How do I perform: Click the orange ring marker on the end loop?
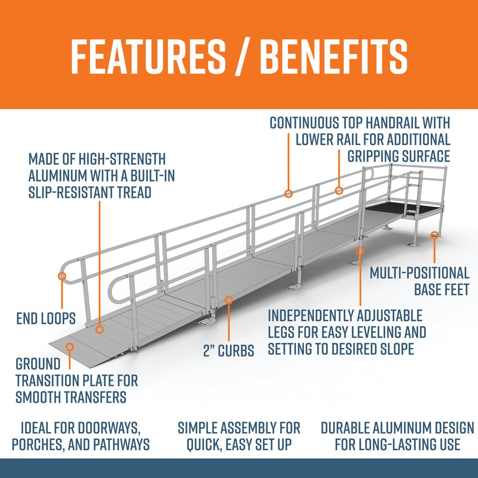(62, 276)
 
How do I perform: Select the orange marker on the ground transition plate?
(70, 345)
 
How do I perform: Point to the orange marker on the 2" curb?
(229, 300)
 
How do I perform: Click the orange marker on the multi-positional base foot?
(434, 235)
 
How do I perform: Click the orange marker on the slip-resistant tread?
(99, 329)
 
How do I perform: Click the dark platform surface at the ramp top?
(387, 207)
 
